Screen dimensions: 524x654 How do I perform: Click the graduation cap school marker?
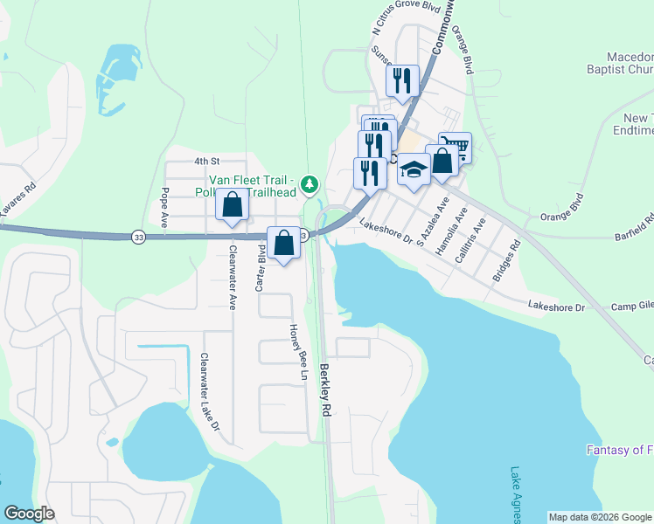pos(414,169)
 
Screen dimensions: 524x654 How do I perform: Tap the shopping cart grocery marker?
pos(455,148)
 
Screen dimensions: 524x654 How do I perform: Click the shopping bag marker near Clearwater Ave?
pos(233,205)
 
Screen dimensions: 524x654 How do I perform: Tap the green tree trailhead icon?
pos(309,184)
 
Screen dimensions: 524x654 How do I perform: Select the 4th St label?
pos(205,161)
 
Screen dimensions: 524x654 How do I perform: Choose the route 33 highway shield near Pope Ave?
pos(138,237)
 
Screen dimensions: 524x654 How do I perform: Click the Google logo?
pos(29,514)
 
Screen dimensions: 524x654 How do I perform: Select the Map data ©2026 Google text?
pos(599,517)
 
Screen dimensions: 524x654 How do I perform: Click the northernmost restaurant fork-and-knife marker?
pos(402,81)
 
